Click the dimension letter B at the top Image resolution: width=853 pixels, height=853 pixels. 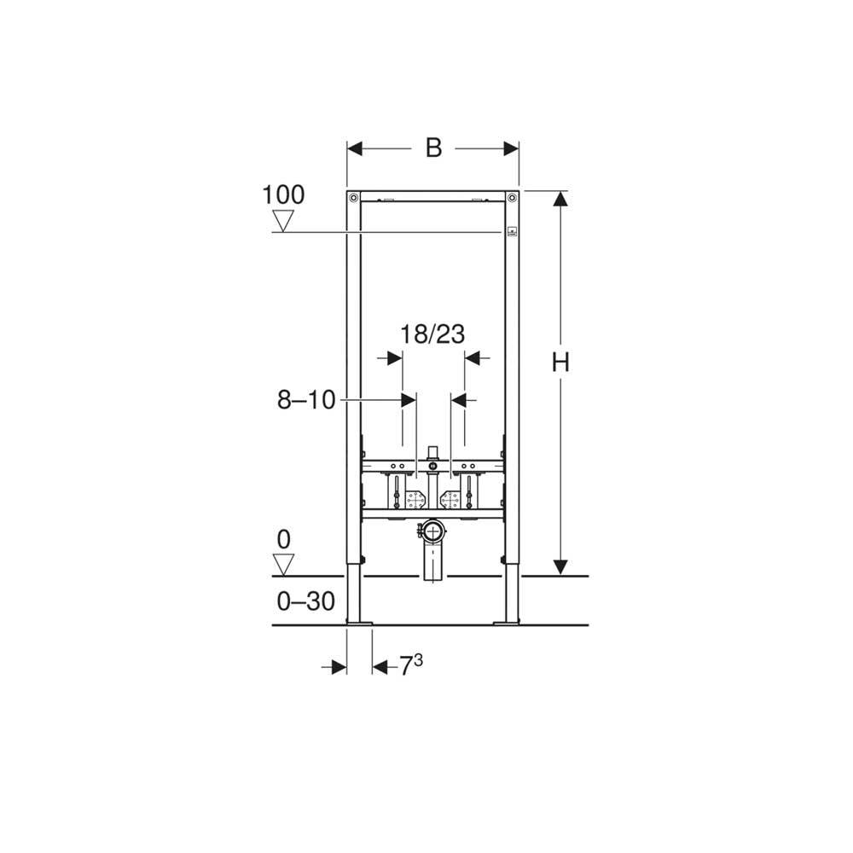click(433, 148)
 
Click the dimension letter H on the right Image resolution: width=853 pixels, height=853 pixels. click(560, 363)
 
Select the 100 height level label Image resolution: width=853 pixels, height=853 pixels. click(283, 194)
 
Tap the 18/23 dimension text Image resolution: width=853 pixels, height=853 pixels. click(432, 334)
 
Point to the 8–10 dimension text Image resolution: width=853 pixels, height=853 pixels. click(306, 400)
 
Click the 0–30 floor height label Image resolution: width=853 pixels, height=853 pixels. click(305, 601)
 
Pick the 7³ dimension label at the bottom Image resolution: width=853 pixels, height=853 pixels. click(411, 664)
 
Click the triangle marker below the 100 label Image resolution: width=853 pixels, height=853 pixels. click(283, 222)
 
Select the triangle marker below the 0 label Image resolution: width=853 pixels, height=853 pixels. click(283, 565)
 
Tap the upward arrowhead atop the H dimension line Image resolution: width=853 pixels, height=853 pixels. click(560, 199)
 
